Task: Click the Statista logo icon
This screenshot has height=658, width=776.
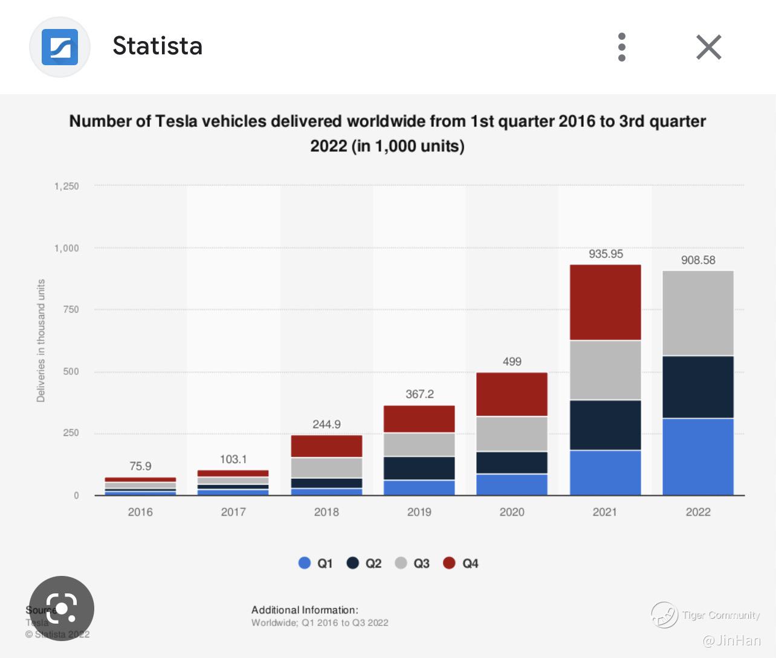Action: (60, 47)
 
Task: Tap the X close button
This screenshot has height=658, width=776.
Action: (708, 47)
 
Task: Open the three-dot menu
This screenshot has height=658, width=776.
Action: (622, 47)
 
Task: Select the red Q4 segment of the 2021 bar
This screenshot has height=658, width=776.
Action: (606, 302)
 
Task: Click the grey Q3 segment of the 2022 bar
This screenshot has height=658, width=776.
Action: (698, 313)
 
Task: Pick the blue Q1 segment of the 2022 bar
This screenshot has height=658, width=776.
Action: (698, 456)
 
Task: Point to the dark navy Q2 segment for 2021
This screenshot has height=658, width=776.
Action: (606, 425)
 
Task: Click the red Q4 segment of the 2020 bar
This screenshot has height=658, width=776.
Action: (512, 394)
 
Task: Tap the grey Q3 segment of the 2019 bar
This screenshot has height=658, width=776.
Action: (419, 444)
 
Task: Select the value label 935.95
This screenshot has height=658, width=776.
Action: (606, 254)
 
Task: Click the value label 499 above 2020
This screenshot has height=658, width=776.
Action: (512, 362)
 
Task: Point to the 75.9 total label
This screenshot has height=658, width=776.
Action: (140, 466)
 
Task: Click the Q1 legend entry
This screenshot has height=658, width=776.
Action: (316, 563)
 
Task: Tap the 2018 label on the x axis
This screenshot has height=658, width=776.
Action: (326, 512)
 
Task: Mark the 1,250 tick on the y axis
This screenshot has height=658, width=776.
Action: (66, 186)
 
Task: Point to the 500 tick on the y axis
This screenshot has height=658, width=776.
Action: (71, 371)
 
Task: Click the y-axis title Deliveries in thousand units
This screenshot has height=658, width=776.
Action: (41, 340)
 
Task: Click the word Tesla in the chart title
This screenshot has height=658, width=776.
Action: (176, 121)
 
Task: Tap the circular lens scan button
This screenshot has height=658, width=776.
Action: (62, 608)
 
